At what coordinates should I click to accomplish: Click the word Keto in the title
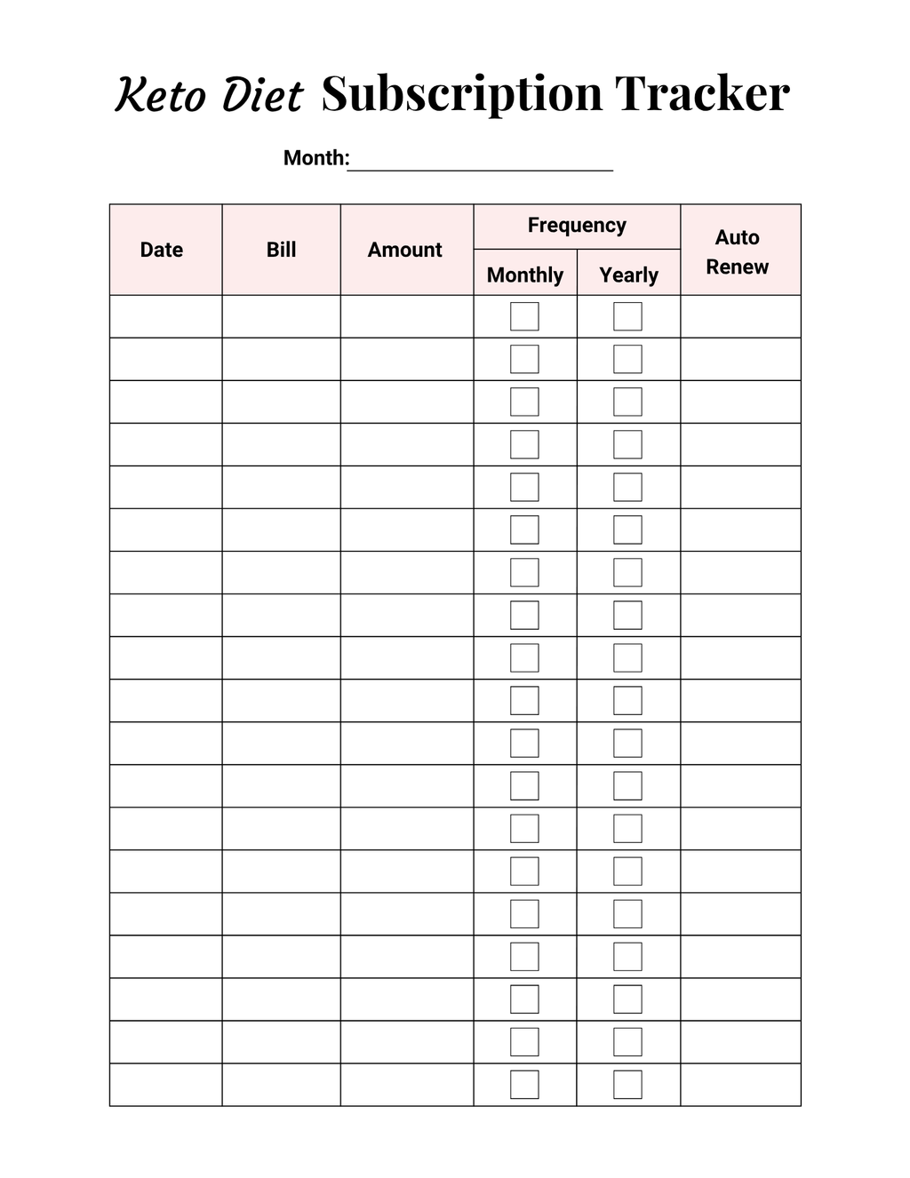pyautogui.click(x=160, y=95)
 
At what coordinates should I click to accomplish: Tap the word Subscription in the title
pyautogui.click(x=461, y=94)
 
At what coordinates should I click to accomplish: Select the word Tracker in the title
pyautogui.click(x=702, y=93)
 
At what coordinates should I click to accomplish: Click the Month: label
pyautogui.click(x=315, y=158)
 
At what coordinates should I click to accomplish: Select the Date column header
pyautogui.click(x=162, y=250)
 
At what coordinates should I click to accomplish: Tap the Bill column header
pyautogui.click(x=281, y=250)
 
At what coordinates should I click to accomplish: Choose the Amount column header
pyautogui.click(x=405, y=250)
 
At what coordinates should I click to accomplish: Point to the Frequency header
pyautogui.click(x=577, y=226)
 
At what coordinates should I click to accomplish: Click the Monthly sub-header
pyautogui.click(x=525, y=275)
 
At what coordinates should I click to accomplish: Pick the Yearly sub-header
pyautogui.click(x=628, y=275)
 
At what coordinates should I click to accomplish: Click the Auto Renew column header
pyautogui.click(x=738, y=251)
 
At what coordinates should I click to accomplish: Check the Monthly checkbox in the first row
pyautogui.click(x=524, y=316)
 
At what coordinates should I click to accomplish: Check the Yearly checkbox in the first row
pyautogui.click(x=627, y=316)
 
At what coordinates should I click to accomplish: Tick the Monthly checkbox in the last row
pyautogui.click(x=524, y=1085)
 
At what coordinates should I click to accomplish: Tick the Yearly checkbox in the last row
pyautogui.click(x=627, y=1085)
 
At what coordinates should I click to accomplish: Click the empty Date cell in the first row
pyautogui.click(x=165, y=316)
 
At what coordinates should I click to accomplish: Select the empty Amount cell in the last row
pyautogui.click(x=406, y=1085)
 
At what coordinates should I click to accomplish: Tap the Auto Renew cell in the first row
pyautogui.click(x=740, y=316)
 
